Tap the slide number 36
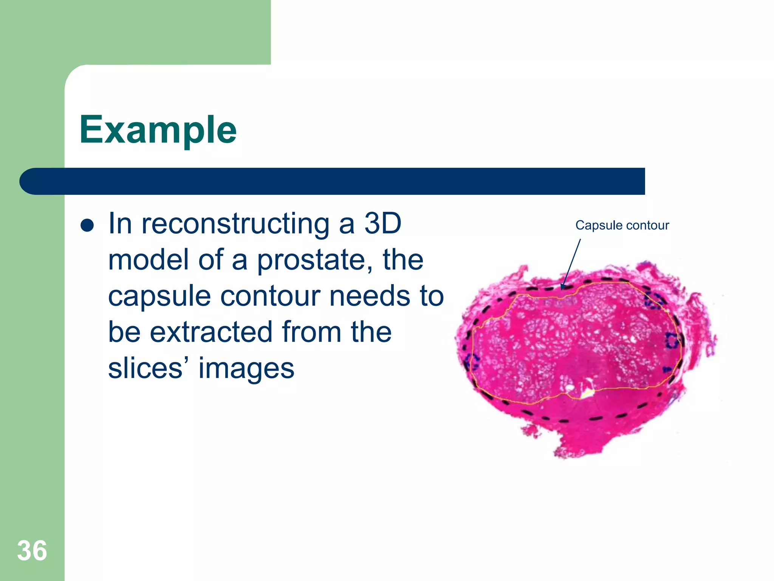[x=32, y=551]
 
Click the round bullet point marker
[x=87, y=225]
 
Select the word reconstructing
[x=235, y=224]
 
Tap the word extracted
[x=212, y=332]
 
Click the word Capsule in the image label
[x=599, y=226]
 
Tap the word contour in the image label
[x=647, y=225]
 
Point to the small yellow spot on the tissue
[x=585, y=394]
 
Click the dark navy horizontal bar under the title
[x=333, y=182]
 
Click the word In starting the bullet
[x=120, y=224]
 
